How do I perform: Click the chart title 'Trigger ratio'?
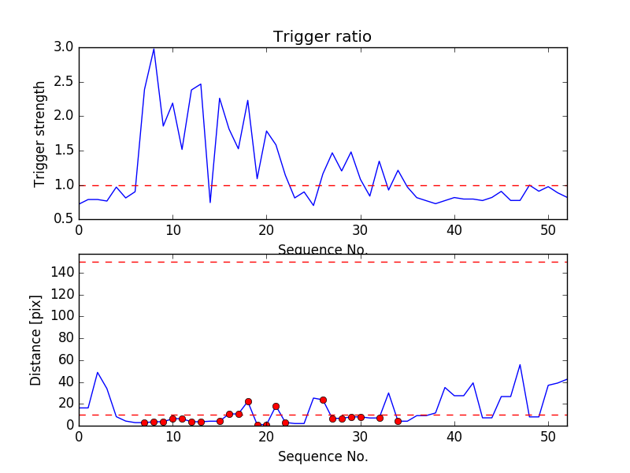(322, 37)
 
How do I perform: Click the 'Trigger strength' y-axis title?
(40, 133)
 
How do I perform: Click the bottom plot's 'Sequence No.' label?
(323, 456)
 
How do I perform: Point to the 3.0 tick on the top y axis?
(65, 47)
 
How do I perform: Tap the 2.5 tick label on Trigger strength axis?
(65, 82)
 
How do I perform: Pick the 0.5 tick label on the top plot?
(65, 219)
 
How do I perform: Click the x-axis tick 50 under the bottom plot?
(548, 438)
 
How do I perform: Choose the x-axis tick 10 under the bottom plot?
(172, 438)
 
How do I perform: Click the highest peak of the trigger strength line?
(154, 48)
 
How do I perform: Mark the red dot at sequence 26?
(323, 400)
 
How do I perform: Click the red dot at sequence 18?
(248, 401)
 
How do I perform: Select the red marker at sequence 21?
(276, 406)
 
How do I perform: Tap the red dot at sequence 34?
(398, 421)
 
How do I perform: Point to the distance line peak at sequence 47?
(520, 364)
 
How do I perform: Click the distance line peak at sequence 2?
(98, 372)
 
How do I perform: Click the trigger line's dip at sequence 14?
(210, 203)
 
